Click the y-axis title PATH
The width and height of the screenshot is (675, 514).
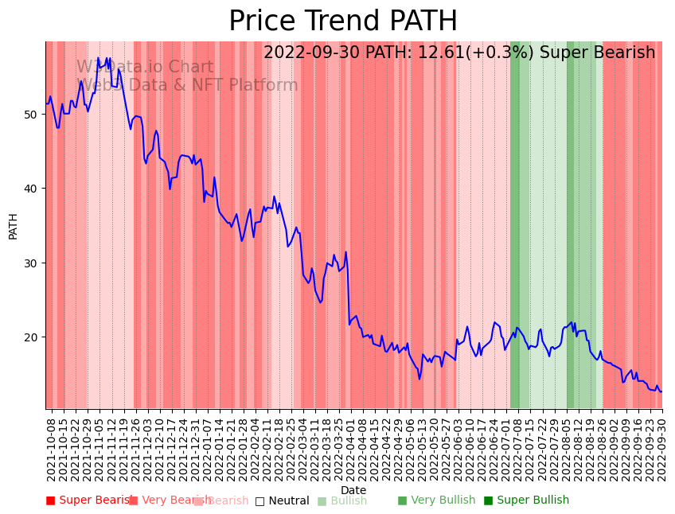pos(13,225)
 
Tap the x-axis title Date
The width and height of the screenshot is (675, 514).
pos(353,491)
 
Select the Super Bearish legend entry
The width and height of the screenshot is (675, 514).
pos(89,500)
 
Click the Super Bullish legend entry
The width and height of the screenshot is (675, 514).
pos(526,500)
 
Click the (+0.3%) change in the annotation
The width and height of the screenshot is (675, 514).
pos(504,53)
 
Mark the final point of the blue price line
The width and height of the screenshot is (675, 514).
pos(661,391)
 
